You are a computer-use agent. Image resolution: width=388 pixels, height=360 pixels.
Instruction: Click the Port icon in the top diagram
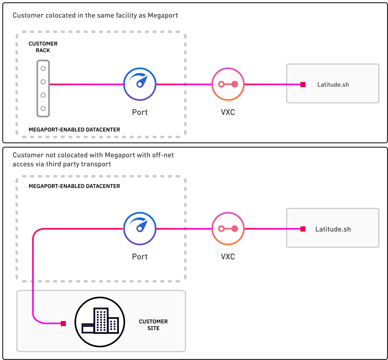140,84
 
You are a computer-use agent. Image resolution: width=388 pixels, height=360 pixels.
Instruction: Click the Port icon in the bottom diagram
140,228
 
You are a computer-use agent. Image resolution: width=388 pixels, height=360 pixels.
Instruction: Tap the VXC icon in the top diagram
228,84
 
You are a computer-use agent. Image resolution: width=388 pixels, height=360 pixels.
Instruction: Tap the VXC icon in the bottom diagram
228,228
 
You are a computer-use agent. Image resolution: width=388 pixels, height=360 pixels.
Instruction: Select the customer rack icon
43,88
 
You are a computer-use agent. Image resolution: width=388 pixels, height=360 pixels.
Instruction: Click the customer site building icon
100,322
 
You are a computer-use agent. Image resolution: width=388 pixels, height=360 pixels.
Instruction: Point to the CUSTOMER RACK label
43,47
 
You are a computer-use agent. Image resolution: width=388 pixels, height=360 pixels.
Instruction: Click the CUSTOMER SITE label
153,325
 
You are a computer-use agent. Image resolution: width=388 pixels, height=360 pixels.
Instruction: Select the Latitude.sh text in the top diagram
333,85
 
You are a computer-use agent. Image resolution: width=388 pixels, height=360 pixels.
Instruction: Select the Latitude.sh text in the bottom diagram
333,229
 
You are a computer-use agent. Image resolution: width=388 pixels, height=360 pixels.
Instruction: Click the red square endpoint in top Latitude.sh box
303,85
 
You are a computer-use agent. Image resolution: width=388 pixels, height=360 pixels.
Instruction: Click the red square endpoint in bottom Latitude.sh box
303,229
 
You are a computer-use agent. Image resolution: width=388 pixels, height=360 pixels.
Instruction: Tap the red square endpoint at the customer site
63,324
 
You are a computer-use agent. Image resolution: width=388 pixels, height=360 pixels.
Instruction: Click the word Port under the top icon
140,112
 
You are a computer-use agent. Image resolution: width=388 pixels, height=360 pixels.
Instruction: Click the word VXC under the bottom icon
228,257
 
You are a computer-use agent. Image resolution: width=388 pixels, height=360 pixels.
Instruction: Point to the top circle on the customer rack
43,69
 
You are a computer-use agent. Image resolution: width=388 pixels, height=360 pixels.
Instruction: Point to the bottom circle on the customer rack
43,108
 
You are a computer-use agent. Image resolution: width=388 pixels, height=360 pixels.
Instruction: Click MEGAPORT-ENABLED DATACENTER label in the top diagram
74,130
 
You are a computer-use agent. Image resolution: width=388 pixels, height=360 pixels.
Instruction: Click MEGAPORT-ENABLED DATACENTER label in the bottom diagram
74,186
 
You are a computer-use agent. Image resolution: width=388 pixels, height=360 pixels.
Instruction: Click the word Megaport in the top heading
163,15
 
